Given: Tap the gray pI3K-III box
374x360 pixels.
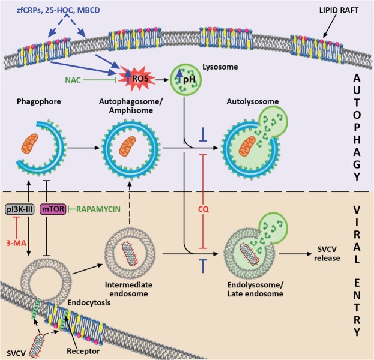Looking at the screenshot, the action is click(x=20, y=209).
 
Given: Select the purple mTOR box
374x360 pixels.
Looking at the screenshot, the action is click(x=53, y=209).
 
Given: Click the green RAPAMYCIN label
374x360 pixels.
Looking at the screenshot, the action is click(x=98, y=209).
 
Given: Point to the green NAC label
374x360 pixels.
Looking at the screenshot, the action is click(x=73, y=80).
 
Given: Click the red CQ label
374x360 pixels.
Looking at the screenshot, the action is click(x=204, y=209).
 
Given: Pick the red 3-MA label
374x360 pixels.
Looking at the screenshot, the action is click(x=16, y=243).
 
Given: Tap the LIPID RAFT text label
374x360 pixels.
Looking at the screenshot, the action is click(x=339, y=10).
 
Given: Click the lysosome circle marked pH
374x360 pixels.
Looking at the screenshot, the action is click(x=185, y=80).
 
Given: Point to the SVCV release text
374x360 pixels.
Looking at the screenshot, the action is click(x=327, y=254).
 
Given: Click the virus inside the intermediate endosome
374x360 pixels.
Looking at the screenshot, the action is click(x=130, y=254).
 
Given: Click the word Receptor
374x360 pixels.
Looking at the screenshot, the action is click(x=83, y=351).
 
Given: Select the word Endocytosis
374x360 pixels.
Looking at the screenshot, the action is click(x=89, y=302).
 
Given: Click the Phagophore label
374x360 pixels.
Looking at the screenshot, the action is click(x=39, y=101).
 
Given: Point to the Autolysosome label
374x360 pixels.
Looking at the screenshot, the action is click(x=253, y=101).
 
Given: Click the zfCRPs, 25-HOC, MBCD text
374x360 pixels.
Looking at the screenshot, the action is click(x=58, y=10).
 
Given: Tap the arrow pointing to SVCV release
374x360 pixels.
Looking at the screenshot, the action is click(x=295, y=254).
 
